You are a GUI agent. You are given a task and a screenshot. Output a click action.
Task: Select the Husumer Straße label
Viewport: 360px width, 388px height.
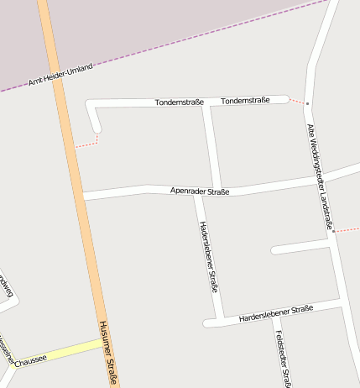coord(107,353)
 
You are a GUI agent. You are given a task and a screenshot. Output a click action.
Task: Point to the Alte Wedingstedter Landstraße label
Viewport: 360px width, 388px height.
coord(321,176)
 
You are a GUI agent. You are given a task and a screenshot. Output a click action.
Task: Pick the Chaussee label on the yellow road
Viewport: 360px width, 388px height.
coord(30,359)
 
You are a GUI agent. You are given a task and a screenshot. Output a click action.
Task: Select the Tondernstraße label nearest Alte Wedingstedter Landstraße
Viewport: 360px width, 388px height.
coord(245,101)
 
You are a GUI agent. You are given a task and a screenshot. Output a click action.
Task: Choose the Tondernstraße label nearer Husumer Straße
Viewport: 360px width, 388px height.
coord(179,102)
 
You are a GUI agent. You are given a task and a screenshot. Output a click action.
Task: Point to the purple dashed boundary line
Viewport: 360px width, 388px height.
coord(210,34)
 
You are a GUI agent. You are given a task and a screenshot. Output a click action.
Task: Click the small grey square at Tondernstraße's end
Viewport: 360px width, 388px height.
coord(308,103)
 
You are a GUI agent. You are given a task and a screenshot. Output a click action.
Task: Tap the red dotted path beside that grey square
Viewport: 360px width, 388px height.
coord(297,101)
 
